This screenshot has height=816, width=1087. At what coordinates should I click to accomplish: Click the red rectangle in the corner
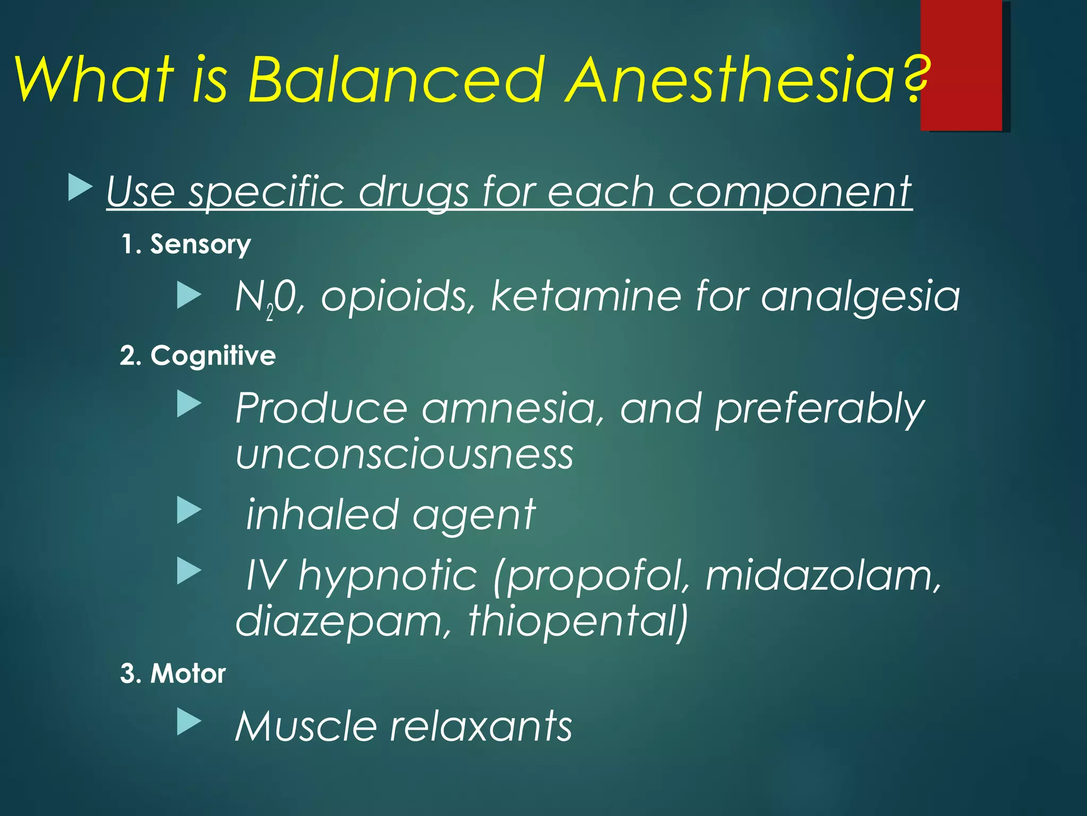(x=961, y=65)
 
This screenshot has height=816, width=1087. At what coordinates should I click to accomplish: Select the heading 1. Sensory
(x=186, y=244)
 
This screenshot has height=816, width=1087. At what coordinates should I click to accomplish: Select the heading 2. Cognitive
(x=198, y=355)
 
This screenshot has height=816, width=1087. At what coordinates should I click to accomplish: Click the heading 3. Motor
(x=173, y=674)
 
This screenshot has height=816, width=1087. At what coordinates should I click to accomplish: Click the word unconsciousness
(x=404, y=455)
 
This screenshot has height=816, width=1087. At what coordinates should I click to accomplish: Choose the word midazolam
(x=823, y=576)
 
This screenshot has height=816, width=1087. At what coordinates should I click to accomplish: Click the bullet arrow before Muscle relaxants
(x=189, y=721)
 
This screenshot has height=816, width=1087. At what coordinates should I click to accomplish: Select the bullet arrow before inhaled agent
(x=189, y=510)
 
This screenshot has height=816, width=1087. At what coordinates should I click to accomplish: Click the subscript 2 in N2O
(x=270, y=313)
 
